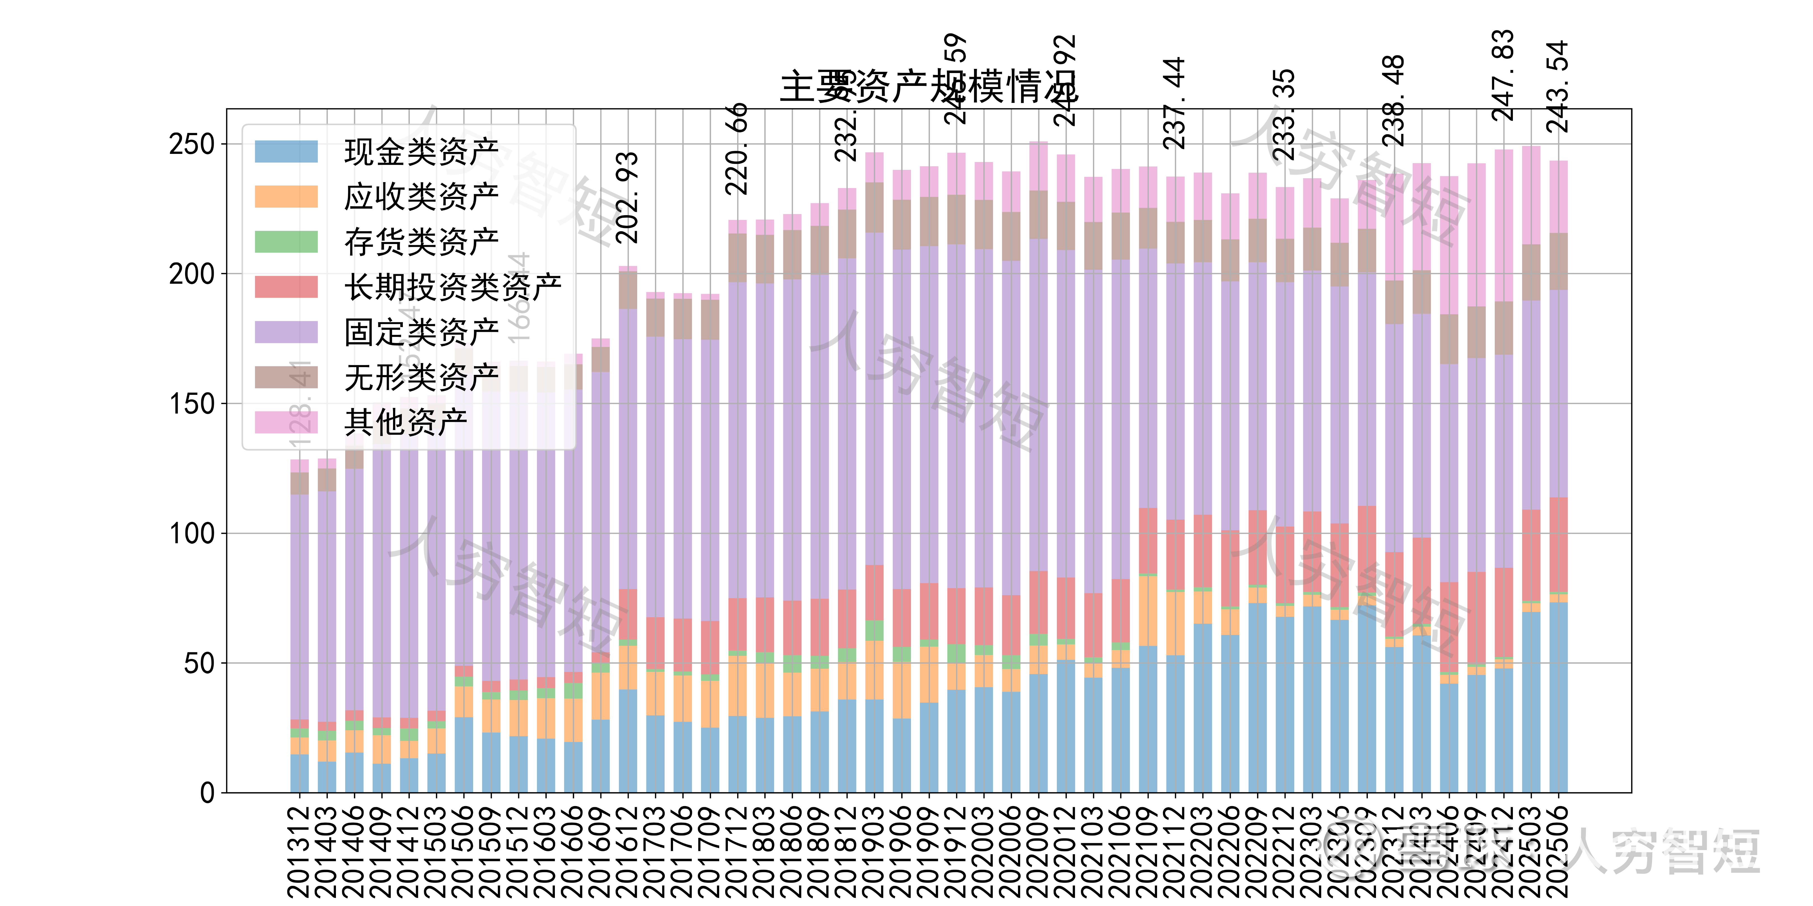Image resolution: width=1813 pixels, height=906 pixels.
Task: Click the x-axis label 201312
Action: click(x=299, y=851)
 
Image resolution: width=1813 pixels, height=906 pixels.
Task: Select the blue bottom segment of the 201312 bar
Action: click(x=299, y=774)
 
